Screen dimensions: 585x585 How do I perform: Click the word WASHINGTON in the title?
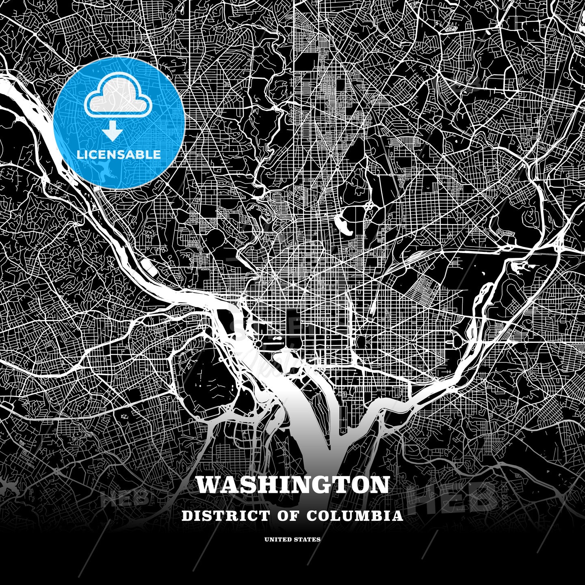point(292,485)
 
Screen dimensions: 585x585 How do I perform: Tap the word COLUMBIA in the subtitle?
point(355,516)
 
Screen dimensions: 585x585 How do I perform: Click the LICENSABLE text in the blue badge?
point(119,155)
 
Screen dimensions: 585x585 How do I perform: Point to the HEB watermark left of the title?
point(124,498)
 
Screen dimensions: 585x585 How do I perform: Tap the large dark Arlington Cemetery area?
point(211,374)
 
